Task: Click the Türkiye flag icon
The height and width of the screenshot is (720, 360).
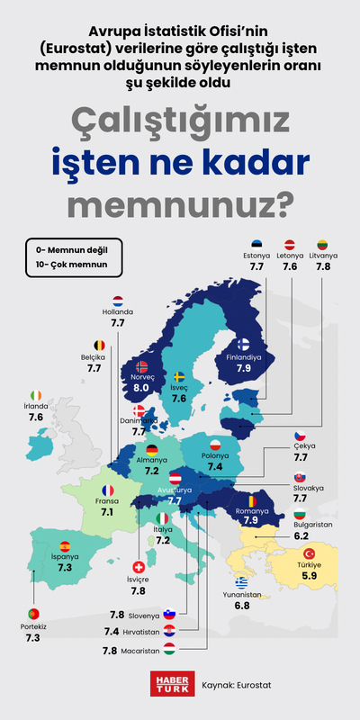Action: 309,553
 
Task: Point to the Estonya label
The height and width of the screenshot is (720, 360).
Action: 256,256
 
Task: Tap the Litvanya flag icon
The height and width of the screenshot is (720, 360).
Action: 322,244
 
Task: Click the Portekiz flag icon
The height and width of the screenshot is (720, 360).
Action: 32,613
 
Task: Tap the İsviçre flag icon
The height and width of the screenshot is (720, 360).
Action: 138,568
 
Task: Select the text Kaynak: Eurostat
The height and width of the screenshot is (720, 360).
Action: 237,685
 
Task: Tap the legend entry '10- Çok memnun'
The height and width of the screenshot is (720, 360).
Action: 66,265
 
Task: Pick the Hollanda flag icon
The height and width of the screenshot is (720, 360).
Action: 118,301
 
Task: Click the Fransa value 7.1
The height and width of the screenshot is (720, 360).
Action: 107,511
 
